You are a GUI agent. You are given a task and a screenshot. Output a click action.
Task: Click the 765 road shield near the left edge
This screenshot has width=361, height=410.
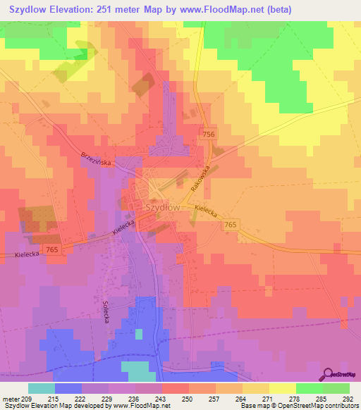coord(52,250)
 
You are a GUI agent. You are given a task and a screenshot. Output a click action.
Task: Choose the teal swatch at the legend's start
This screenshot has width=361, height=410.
coord(42,387)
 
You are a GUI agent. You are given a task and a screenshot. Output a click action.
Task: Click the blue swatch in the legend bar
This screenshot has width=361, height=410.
coord(68,387)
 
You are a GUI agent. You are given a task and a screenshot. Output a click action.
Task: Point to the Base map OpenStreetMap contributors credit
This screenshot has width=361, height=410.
coord(299,405)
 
